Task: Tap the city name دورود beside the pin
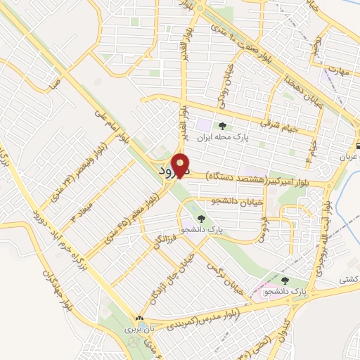(x=170, y=171)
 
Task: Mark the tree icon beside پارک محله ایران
(x=222, y=127)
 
